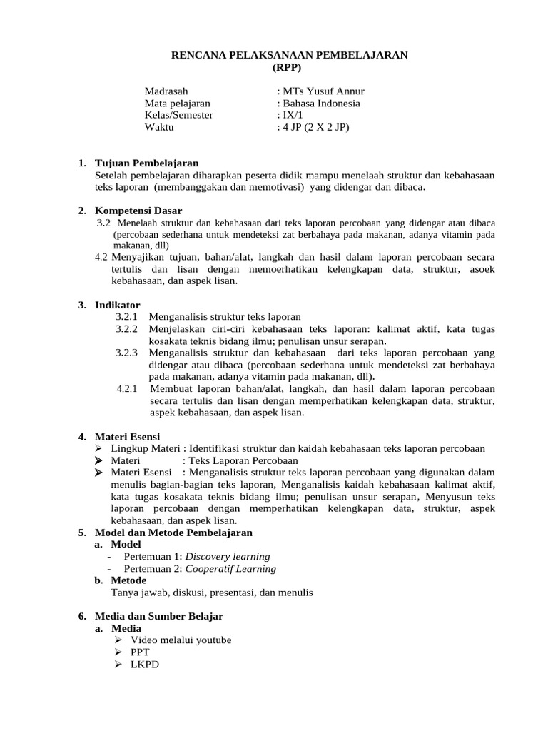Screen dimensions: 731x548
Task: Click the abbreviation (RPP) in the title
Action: pos(288,68)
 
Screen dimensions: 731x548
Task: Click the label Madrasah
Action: pos(166,91)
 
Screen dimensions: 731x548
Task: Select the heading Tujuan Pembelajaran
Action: pos(146,163)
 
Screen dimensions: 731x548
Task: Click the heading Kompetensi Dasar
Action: pos(138,211)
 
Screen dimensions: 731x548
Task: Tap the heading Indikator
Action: pos(118,305)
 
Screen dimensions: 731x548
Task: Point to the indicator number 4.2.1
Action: pos(128,389)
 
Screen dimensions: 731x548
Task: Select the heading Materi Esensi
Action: pos(128,436)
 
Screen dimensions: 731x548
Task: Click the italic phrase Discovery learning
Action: pos(228,557)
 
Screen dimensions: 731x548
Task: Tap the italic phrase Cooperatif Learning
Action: pos(230,569)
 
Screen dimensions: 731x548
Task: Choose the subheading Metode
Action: pos(128,580)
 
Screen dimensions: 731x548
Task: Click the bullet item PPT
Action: pos(140,652)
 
